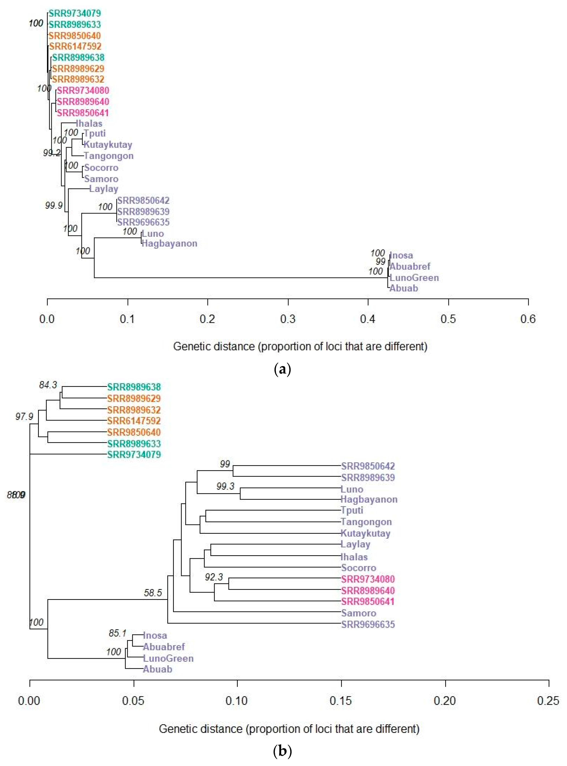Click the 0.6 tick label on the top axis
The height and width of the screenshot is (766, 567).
527,319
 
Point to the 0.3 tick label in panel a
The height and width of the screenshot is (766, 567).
288,319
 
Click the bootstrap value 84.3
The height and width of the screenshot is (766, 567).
48,385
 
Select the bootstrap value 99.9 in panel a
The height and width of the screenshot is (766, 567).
54,205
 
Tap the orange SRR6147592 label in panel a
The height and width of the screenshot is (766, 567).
75,46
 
